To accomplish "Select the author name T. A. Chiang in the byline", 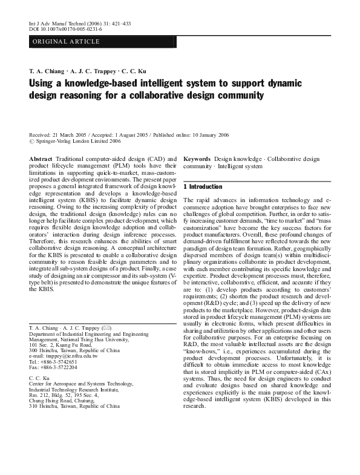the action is (x=47, y=71).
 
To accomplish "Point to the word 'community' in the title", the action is (x=237, y=96).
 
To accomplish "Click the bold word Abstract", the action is (x=41, y=158).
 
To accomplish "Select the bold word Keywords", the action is (x=197, y=158).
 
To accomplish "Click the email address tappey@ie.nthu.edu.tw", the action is (x=71, y=356).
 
